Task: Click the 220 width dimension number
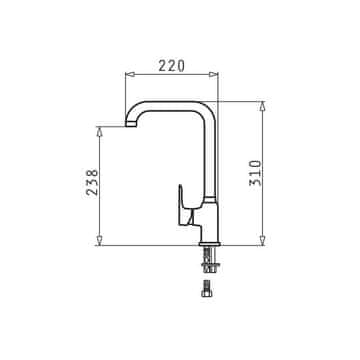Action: tap(171, 66)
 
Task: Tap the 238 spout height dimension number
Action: tap(92, 182)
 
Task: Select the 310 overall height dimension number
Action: tap(255, 173)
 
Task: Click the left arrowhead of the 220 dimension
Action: tap(129, 74)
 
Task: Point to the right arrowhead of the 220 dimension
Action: tap(213, 74)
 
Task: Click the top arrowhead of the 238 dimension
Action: tap(99, 131)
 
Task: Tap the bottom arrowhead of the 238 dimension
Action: tap(99, 241)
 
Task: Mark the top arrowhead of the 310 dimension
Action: tap(262, 106)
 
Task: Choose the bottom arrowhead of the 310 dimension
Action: tap(262, 241)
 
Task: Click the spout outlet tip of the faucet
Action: tap(131, 124)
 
